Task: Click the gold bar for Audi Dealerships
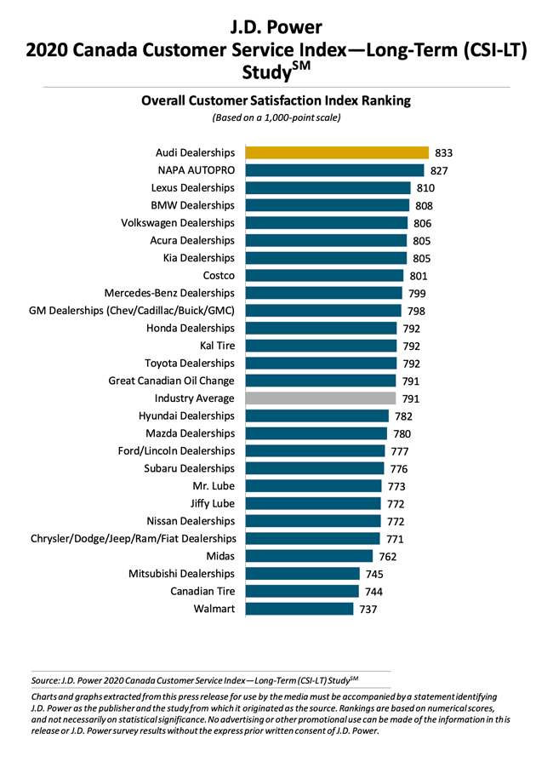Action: pyautogui.click(x=336, y=152)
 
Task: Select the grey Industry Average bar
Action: pyautogui.click(x=321, y=398)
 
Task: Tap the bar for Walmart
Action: pyautogui.click(x=299, y=608)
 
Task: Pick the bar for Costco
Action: pyautogui.click(x=324, y=275)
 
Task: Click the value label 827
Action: pyautogui.click(x=439, y=170)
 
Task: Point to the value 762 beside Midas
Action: pyautogui.click(x=388, y=556)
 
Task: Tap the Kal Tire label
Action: pyautogui.click(x=217, y=346)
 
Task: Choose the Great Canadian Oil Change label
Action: pyautogui.click(x=171, y=381)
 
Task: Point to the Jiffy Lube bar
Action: pyautogui.click(x=312, y=503)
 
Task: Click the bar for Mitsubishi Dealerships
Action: pyautogui.click(x=302, y=573)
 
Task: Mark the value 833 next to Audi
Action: pyautogui.click(x=443, y=153)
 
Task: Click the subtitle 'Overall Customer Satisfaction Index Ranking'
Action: pyautogui.click(x=276, y=100)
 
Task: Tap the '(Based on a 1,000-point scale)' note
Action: pyautogui.click(x=276, y=118)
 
